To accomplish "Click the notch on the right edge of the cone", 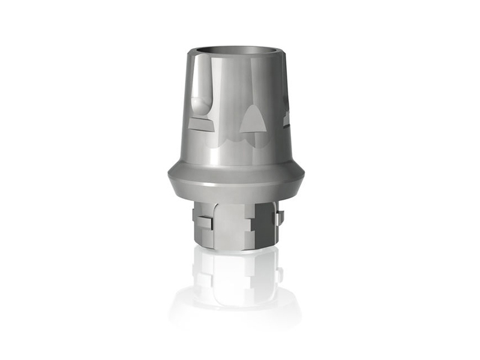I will click(x=286, y=118).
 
